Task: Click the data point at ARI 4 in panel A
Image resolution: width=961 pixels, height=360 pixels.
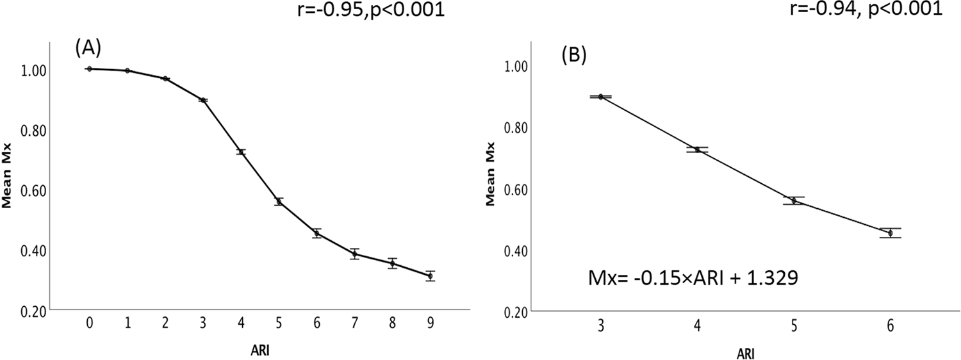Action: (241, 152)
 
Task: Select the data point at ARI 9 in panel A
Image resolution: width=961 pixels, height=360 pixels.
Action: (431, 276)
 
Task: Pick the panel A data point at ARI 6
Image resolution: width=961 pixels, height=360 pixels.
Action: (316, 233)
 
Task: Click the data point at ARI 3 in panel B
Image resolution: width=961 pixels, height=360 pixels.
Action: (600, 97)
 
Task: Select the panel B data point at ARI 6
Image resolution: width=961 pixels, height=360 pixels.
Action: (891, 233)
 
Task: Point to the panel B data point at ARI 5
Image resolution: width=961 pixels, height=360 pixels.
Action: (794, 200)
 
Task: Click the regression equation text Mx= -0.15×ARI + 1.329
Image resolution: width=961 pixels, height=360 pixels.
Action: (693, 279)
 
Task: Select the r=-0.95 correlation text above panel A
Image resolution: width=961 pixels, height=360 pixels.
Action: (372, 11)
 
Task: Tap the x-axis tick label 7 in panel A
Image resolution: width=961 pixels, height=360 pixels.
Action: (354, 323)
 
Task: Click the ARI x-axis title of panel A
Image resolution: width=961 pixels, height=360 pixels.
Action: (259, 350)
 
